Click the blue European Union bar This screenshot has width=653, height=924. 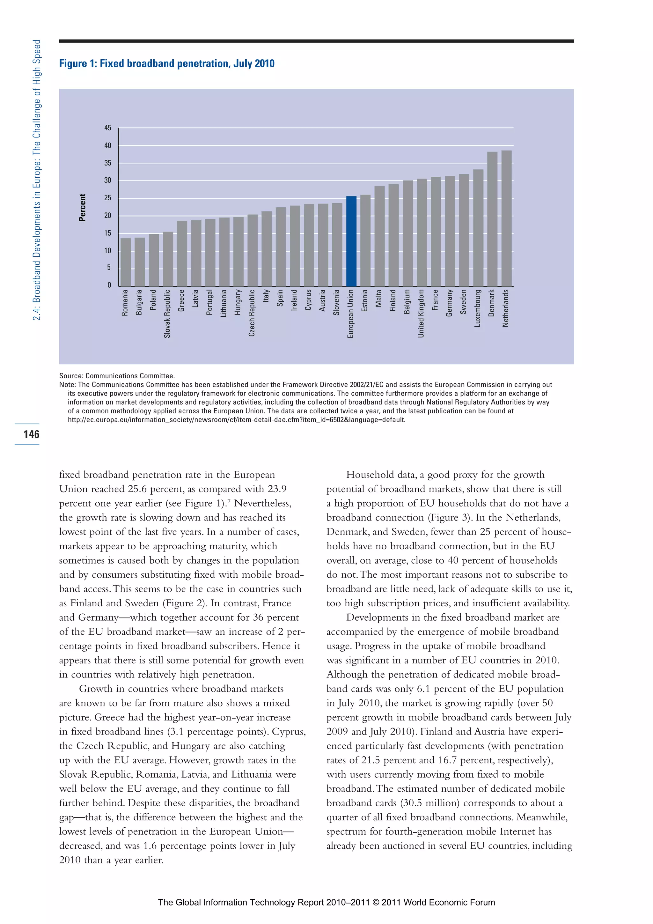pyautogui.click(x=351, y=241)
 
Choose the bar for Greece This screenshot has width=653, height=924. pyautogui.click(x=182, y=253)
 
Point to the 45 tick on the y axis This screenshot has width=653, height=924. pyautogui.click(x=108, y=128)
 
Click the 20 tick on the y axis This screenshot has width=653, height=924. pyautogui.click(x=108, y=216)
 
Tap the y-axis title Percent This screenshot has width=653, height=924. pyautogui.click(x=83, y=208)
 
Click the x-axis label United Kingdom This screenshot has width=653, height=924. pyautogui.click(x=421, y=313)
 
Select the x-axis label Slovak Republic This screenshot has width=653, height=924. pyautogui.click(x=167, y=314)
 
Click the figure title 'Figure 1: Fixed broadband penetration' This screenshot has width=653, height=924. pyautogui.click(x=166, y=63)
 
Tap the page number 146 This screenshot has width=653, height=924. pyautogui.click(x=31, y=434)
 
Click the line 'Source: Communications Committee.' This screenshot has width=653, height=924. pyautogui.click(x=117, y=376)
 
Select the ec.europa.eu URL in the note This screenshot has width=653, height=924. pyautogui.click(x=237, y=420)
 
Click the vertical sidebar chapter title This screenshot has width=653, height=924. pyautogui.click(x=37, y=180)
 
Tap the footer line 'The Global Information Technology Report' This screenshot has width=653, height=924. pyautogui.click(x=326, y=902)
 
